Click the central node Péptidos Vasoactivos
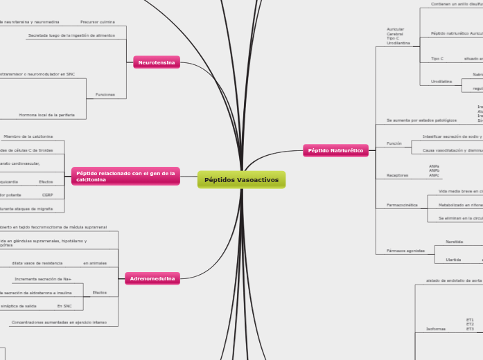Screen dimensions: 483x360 [241, 180]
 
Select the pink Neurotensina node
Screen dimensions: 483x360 [156, 62]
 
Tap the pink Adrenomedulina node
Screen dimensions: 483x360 [152, 278]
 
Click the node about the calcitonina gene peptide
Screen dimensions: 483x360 [125, 176]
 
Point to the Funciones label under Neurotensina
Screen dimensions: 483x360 [105, 94]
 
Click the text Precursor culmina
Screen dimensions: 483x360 [98, 22]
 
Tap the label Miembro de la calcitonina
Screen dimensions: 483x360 [28, 136]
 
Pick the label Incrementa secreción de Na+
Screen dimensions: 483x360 [43, 279]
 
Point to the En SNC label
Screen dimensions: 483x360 [64, 305]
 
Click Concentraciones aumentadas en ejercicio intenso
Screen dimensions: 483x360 [59, 323]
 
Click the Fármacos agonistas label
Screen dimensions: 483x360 [405, 250]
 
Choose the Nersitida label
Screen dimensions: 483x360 [455, 242]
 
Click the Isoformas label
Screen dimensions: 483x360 [425, 329]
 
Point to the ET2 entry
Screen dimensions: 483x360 [470, 324]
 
